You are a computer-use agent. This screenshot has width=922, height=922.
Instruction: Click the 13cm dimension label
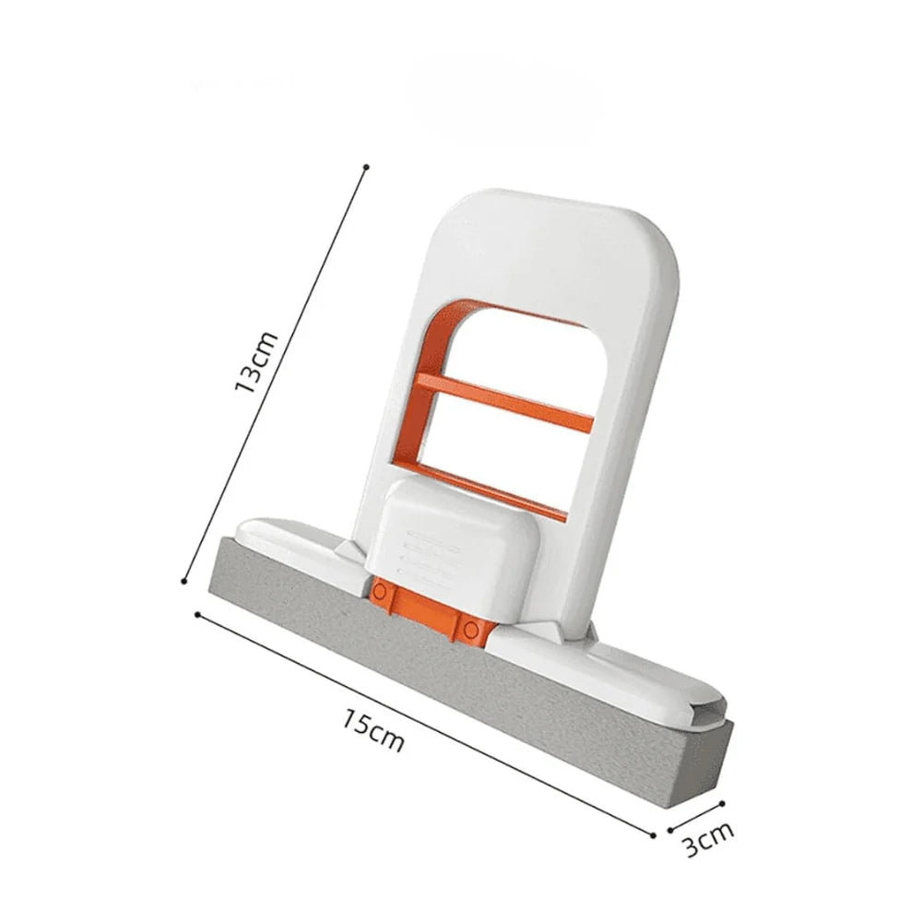click(x=256, y=363)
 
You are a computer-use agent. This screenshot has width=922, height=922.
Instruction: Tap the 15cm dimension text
click(x=374, y=728)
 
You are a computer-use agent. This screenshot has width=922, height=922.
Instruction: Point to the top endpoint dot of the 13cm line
click(x=367, y=167)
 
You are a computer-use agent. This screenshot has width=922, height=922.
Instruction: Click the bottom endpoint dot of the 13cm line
click(x=186, y=581)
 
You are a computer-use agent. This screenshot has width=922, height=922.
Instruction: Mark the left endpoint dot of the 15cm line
click(x=197, y=613)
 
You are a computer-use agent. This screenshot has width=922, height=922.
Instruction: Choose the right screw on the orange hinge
click(x=472, y=630)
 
